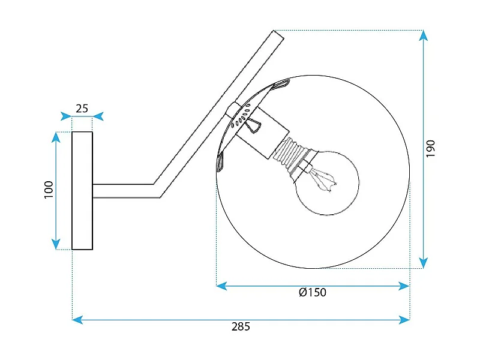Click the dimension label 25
point(82,109)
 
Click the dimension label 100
point(49,190)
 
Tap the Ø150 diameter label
point(312,293)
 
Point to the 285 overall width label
point(241,327)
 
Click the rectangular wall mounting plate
point(82,190)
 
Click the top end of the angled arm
point(278,35)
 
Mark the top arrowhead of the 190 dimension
point(424,35)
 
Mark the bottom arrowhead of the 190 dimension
point(424,263)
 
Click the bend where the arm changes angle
point(158,190)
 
